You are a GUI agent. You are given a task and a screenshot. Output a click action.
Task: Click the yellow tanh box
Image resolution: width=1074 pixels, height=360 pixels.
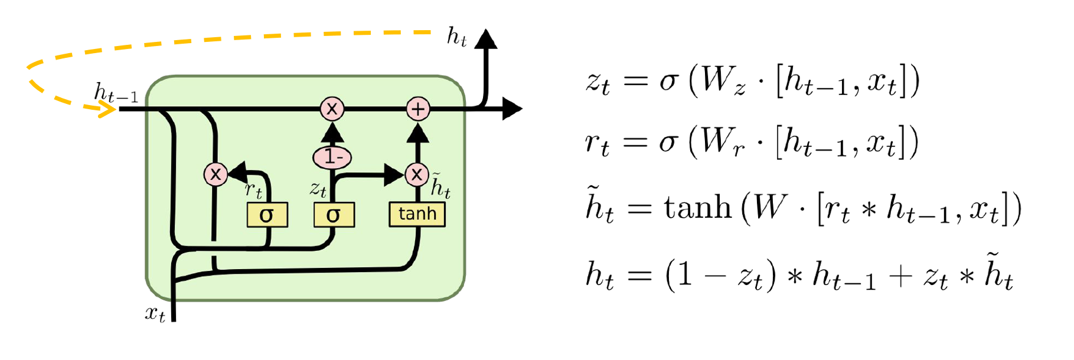point(417,214)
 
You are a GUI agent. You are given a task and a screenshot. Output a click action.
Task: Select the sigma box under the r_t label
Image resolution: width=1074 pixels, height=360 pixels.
point(267,215)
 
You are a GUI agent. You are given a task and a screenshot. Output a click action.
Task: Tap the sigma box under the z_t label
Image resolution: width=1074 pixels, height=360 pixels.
point(334,215)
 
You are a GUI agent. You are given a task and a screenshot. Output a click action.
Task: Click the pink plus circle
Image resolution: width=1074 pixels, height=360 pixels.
point(418,109)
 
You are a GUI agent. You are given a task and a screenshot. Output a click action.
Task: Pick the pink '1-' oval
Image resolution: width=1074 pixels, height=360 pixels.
point(332,157)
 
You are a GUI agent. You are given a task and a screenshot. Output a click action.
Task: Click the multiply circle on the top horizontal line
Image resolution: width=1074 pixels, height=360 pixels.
point(332,109)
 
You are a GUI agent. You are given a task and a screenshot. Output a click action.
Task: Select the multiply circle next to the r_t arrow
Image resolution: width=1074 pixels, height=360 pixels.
point(216,174)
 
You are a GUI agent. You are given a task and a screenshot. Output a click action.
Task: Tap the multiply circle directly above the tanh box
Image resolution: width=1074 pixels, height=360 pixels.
point(417,174)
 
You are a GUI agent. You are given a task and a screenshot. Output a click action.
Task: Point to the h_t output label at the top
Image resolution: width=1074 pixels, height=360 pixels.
point(456,37)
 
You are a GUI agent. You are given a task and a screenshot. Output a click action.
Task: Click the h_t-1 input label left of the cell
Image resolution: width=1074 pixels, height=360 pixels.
point(116,93)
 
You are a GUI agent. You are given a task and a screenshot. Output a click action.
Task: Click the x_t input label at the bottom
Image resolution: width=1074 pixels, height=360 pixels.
point(155,313)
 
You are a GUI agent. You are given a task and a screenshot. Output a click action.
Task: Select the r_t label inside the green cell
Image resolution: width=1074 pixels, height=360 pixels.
point(253,190)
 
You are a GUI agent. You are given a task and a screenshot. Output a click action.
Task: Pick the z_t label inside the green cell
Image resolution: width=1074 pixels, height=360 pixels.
point(318,189)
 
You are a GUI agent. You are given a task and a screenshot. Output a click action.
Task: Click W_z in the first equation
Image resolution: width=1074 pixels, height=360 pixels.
point(723,81)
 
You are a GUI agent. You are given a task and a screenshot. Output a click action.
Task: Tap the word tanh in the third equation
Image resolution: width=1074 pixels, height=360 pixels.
point(697,208)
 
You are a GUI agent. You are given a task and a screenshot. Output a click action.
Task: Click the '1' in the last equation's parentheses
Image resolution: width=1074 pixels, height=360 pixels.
point(685,274)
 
